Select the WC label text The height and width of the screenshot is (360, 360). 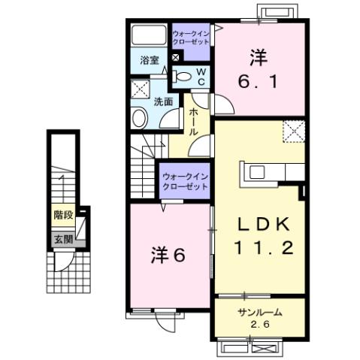[x=201, y=75]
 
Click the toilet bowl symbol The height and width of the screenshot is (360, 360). [x=182, y=76]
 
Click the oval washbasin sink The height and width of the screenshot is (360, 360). [x=139, y=116]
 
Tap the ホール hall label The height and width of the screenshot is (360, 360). [x=193, y=120]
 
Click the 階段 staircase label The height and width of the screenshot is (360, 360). [x=63, y=215]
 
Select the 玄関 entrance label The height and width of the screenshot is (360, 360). [x=63, y=240]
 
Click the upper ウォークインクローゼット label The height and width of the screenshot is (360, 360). [x=192, y=38]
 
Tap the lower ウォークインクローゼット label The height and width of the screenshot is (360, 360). [x=183, y=181]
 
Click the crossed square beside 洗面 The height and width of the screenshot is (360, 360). [x=141, y=89]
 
